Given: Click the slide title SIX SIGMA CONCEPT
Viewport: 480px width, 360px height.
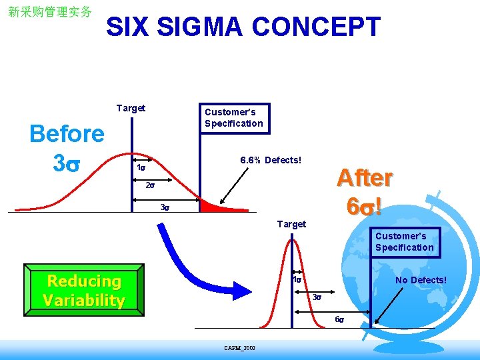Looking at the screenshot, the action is [243, 27].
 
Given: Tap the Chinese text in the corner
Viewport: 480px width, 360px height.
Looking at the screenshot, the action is [49, 12].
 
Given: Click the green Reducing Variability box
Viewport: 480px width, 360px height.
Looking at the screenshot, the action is [83, 291].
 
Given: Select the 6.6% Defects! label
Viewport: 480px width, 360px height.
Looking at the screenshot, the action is [271, 160].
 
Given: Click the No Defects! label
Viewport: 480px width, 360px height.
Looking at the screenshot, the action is [421, 280].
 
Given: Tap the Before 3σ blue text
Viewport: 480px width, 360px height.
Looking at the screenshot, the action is [67, 147].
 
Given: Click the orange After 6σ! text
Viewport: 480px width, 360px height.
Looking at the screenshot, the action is [364, 191].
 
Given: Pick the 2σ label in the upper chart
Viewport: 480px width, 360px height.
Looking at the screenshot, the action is [149, 186].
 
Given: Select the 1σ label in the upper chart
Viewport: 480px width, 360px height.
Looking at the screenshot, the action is [141, 168].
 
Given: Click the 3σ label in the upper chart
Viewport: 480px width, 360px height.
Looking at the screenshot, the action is [165, 207].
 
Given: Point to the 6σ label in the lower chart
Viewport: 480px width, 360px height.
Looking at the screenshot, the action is [339, 319].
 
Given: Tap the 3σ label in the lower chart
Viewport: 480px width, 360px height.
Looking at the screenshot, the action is [318, 297].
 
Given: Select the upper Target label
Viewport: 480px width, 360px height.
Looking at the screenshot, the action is [131, 108].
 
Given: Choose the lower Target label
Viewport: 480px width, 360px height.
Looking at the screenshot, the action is [291, 224].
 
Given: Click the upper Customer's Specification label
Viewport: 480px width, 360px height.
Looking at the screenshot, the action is [233, 117].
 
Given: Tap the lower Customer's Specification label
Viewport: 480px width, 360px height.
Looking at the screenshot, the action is [404, 241].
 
